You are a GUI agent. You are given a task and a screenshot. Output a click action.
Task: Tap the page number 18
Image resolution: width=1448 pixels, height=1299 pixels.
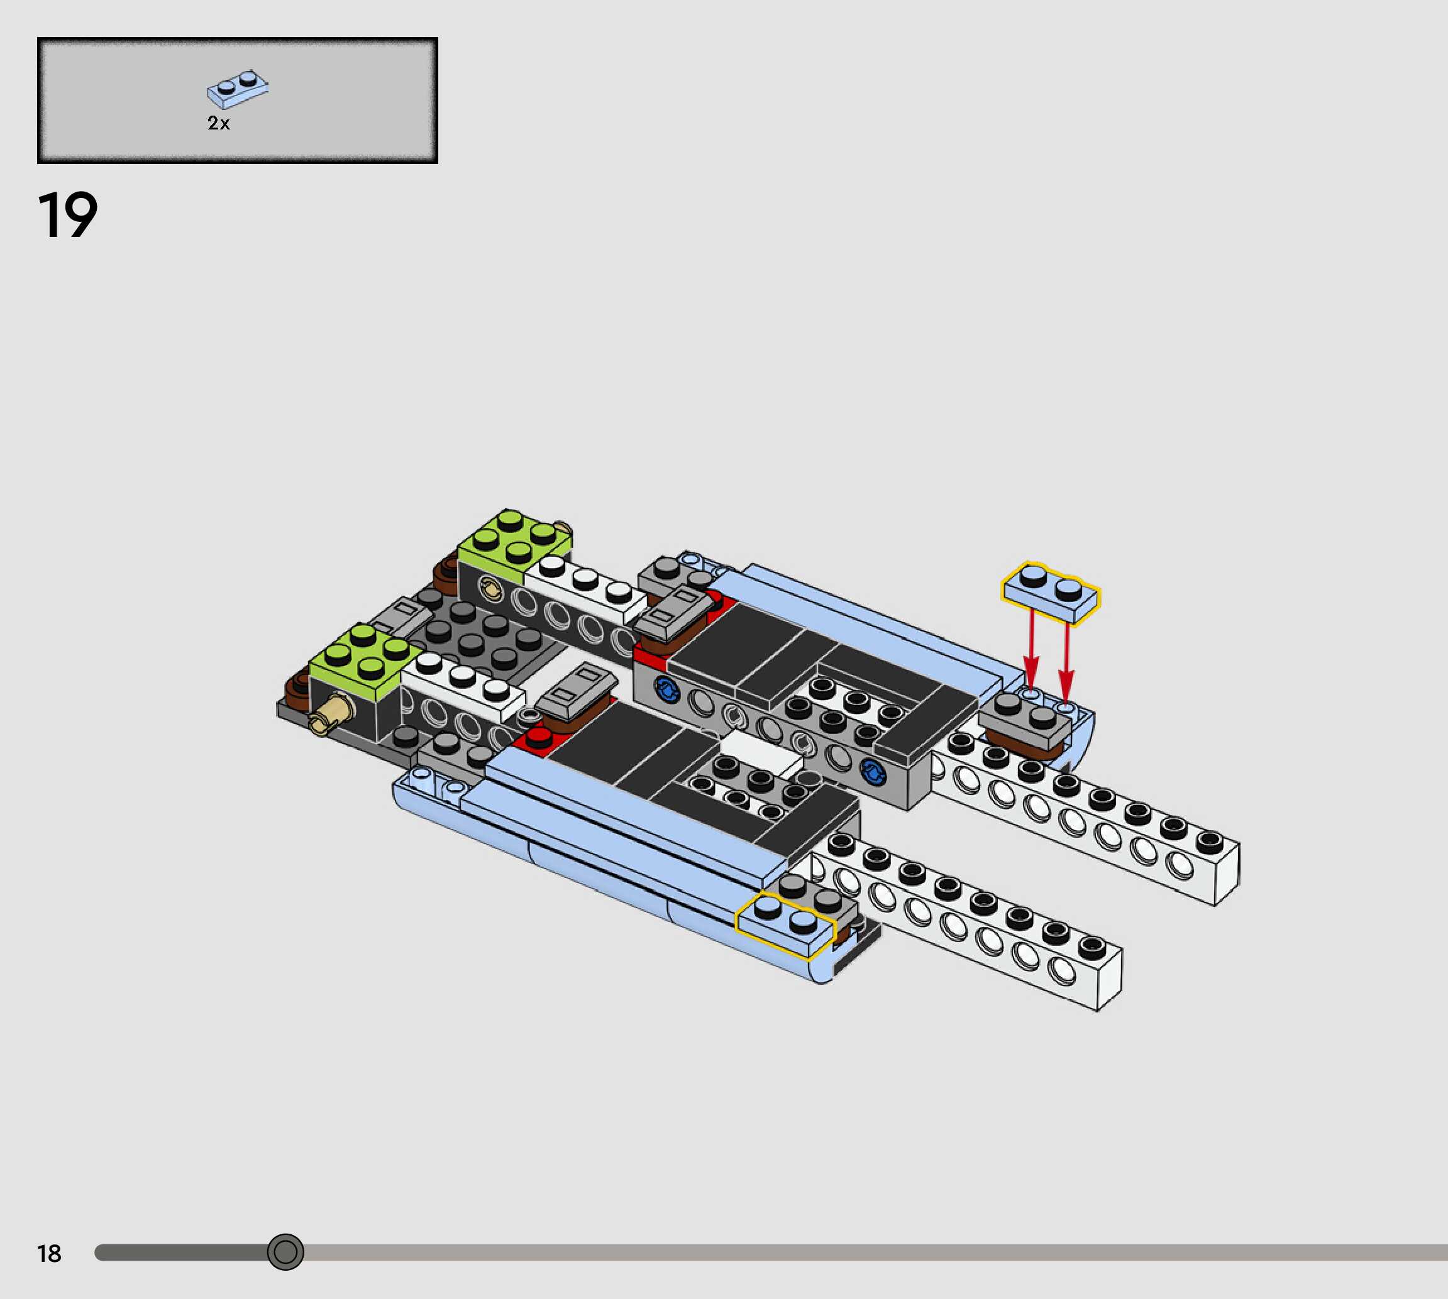pyautogui.click(x=49, y=1253)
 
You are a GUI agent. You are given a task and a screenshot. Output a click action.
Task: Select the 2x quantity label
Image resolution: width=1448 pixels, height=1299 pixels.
pyautogui.click(x=218, y=123)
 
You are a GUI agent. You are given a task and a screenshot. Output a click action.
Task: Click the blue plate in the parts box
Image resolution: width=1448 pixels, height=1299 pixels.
pyautogui.click(x=238, y=89)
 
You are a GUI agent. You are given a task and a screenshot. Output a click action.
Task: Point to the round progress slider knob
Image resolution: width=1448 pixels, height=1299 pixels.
pyautogui.click(x=285, y=1252)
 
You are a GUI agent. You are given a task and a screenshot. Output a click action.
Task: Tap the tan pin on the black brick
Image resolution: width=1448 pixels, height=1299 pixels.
pyautogui.click(x=333, y=713)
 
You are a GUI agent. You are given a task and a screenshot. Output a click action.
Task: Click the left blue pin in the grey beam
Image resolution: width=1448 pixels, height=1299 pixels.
pyautogui.click(x=666, y=689)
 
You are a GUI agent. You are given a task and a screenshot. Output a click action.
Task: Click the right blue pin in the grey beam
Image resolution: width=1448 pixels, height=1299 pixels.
pyautogui.click(x=872, y=771)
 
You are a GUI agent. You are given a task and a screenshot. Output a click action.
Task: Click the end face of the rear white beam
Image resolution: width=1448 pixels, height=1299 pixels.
pyautogui.click(x=1227, y=874)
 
